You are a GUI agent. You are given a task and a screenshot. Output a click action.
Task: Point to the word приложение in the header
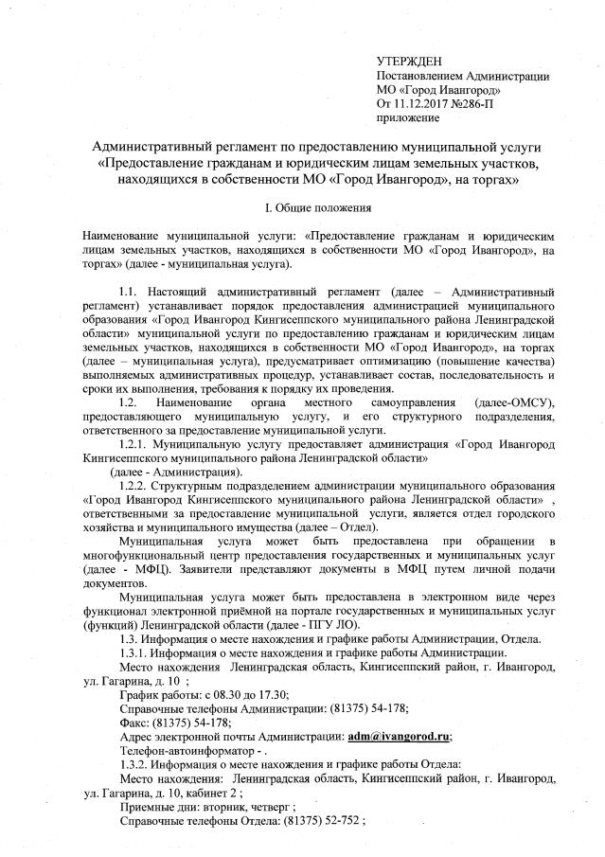coord(408,117)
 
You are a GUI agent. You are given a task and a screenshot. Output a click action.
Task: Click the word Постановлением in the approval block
coord(421,75)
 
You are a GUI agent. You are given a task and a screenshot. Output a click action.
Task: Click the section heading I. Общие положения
coord(303,206)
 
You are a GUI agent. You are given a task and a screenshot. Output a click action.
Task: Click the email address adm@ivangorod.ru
coord(399,736)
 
